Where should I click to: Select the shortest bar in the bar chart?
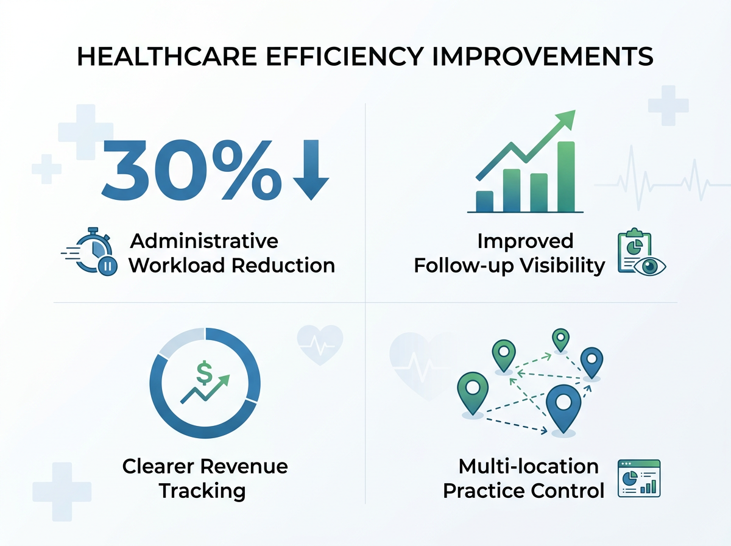tap(484, 200)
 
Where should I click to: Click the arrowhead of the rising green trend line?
tap(567, 119)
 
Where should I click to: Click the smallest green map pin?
tap(560, 339)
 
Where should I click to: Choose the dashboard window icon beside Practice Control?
tap(639, 478)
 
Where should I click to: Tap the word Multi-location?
tap(528, 467)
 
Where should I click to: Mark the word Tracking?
tap(202, 491)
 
